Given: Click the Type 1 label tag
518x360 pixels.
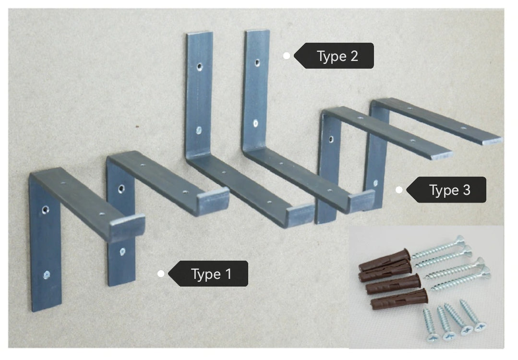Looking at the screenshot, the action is click(x=208, y=274).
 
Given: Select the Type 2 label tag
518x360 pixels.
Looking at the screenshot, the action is click(x=334, y=56).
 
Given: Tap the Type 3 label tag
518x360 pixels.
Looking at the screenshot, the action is click(x=446, y=190).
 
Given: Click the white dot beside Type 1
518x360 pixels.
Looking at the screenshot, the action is click(x=161, y=274).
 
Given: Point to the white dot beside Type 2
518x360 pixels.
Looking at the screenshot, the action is click(x=287, y=56).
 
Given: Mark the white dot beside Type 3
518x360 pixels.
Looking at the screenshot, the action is click(x=399, y=190).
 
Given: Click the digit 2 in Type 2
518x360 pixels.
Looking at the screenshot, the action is click(x=354, y=56).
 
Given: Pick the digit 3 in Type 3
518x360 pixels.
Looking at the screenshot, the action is click(x=467, y=190).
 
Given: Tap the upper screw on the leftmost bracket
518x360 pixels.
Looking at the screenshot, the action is click(x=45, y=209).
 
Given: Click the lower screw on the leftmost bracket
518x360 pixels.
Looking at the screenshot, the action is click(x=47, y=275).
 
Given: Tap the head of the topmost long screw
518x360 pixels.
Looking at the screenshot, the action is click(x=460, y=240).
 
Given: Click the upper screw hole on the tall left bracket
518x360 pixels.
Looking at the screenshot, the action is click(x=199, y=67).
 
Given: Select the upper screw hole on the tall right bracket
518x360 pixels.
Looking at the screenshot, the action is click(x=257, y=62).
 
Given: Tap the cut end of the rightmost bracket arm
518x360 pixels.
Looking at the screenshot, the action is click(x=492, y=142).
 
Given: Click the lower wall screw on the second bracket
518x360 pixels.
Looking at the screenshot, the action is click(x=122, y=252).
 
